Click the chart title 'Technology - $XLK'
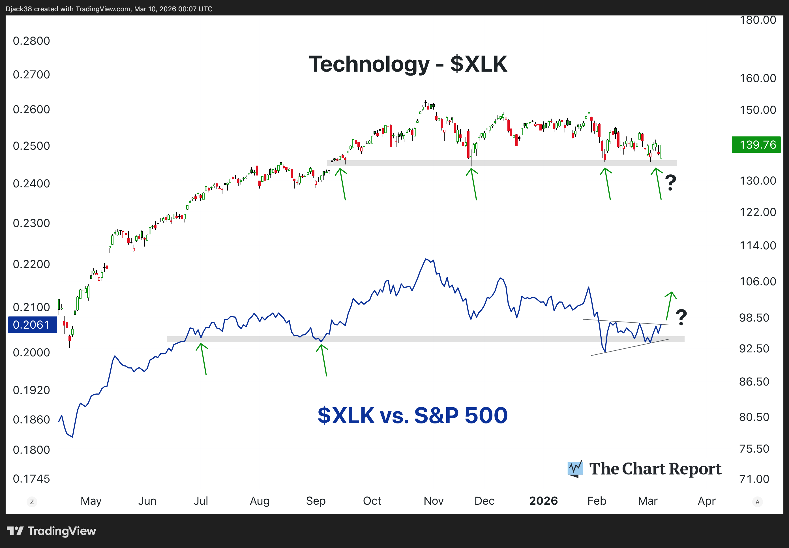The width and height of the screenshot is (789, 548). click(408, 64)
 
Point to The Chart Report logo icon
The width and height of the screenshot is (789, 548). click(575, 469)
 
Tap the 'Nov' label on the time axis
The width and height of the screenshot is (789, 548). click(434, 501)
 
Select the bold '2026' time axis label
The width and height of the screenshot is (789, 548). click(543, 501)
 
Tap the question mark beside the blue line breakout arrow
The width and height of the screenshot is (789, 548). click(681, 317)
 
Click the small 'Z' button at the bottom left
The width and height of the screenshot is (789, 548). click(32, 502)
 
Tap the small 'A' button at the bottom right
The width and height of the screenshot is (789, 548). click(757, 502)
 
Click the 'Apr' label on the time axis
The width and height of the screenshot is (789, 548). click(706, 501)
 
